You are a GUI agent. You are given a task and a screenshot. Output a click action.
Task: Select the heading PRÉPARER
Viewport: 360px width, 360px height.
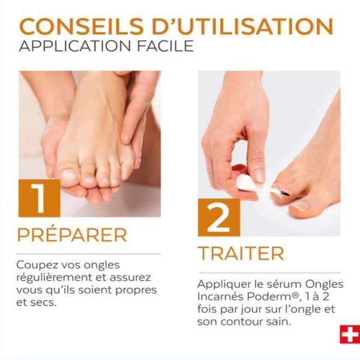(72, 235)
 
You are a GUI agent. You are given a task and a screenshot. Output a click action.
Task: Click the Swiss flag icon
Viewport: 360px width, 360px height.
(349, 334)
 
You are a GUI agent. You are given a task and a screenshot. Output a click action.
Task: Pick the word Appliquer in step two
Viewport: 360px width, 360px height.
(221, 284)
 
